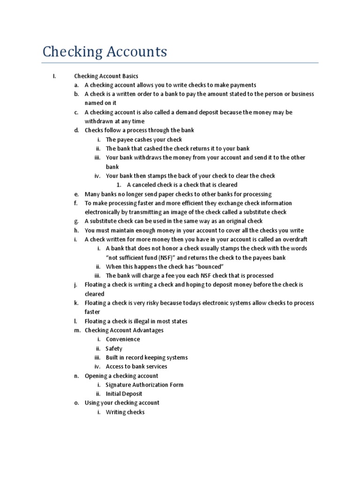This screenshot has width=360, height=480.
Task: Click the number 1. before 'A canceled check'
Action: click(119, 185)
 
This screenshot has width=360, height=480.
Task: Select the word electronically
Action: click(103, 212)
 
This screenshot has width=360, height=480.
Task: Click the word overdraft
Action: click(293, 240)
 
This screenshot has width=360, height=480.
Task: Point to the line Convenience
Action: click(123, 339)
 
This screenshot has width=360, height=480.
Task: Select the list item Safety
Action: click(114, 348)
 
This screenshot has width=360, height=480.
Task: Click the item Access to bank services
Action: click(136, 367)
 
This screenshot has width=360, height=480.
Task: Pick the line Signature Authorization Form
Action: click(144, 385)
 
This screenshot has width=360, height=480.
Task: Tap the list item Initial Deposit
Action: click(124, 394)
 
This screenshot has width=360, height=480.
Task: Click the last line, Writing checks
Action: click(125, 412)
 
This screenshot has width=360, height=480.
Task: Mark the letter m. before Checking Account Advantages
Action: click(76, 330)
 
